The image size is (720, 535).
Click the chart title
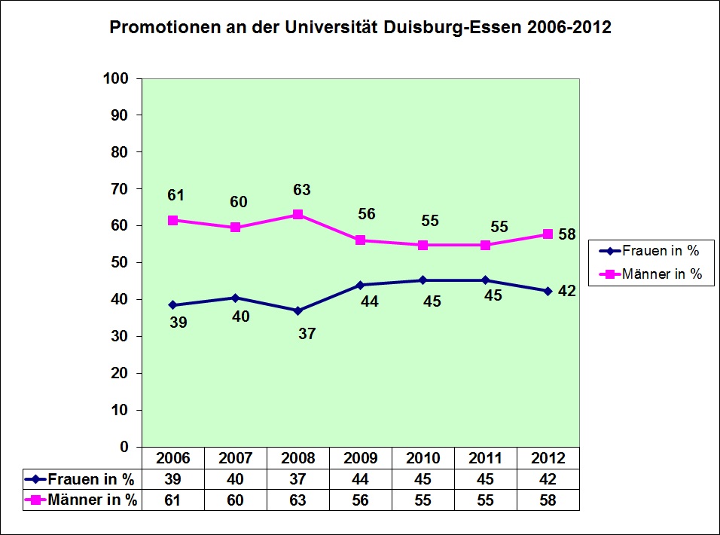click(360, 28)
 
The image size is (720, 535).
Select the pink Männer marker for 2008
click(297, 214)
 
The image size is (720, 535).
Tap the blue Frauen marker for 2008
click(297, 310)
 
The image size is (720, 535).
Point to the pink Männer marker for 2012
click(548, 234)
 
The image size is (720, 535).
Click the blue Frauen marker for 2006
click(172, 305)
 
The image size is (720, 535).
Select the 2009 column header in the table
click(360, 458)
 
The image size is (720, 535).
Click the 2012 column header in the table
click(548, 458)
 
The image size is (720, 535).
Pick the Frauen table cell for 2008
click(297, 478)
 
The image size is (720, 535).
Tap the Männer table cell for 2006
click(172, 499)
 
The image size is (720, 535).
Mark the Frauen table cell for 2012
click(548, 478)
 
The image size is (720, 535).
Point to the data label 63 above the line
click(302, 190)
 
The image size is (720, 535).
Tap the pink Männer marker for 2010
click(423, 245)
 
